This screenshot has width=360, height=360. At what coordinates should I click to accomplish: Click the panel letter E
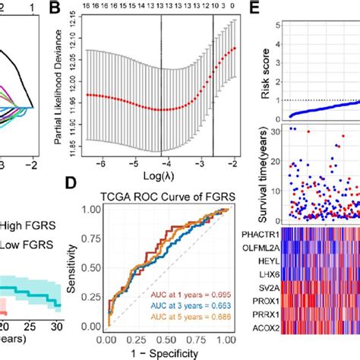256,10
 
